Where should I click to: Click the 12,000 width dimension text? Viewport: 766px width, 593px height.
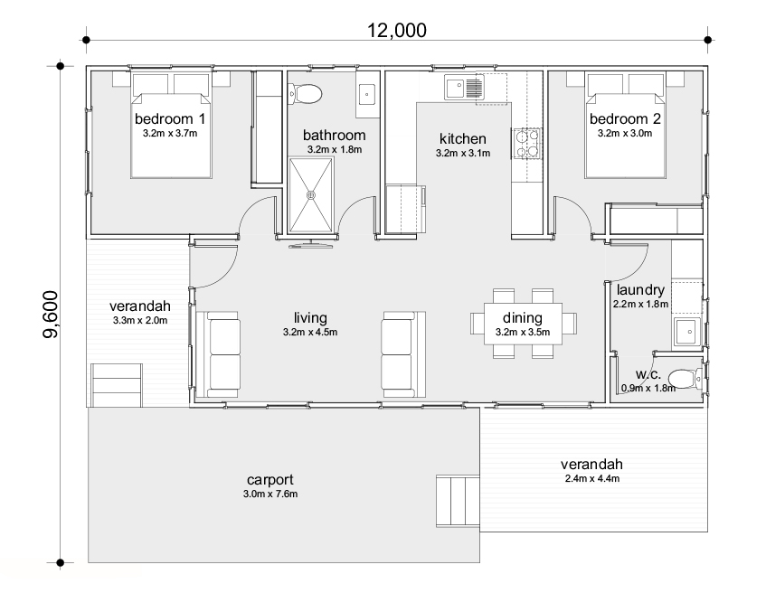click(x=397, y=31)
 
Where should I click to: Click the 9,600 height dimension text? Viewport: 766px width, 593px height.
click(x=51, y=314)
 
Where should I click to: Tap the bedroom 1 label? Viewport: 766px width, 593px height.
click(x=170, y=118)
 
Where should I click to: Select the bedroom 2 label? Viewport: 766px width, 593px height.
click(x=625, y=118)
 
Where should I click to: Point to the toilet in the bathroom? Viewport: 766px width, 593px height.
click(x=306, y=93)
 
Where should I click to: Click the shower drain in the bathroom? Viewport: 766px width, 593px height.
click(x=311, y=195)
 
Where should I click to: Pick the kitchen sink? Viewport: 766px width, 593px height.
click(x=464, y=88)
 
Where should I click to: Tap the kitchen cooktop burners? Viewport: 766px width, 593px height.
click(x=526, y=143)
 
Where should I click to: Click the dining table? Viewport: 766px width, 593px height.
click(x=523, y=324)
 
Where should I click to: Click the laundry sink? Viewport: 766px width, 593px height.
click(x=687, y=331)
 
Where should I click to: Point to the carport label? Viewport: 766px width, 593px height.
click(x=270, y=480)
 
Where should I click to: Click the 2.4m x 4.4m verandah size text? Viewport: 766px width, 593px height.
click(x=592, y=479)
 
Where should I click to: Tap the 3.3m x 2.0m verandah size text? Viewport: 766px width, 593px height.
click(x=140, y=320)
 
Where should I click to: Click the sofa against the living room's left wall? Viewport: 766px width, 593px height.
click(x=223, y=354)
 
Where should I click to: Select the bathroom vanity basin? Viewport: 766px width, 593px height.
click(x=367, y=94)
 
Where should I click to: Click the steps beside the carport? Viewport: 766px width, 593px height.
click(x=458, y=501)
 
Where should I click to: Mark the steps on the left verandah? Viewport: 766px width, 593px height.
click(x=117, y=385)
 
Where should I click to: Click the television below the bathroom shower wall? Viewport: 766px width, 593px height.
click(x=311, y=245)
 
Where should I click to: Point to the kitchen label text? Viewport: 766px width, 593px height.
click(x=463, y=138)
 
